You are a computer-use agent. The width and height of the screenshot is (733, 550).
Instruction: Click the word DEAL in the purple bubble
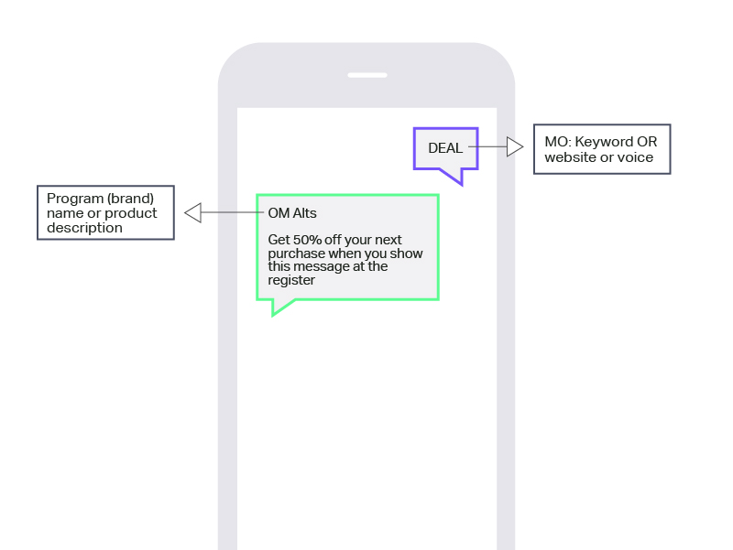pos(445,148)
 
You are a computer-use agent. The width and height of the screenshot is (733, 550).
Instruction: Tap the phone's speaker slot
pos(367,75)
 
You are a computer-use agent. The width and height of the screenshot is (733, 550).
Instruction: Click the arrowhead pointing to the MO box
pos(515,146)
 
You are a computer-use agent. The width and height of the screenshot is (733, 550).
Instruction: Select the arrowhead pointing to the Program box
pos(192,212)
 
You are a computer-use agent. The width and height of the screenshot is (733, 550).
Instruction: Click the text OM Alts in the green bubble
pos(292,213)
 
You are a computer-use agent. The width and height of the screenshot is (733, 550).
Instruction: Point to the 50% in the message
pos(307,240)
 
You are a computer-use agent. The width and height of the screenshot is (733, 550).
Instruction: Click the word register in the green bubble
pos(291,280)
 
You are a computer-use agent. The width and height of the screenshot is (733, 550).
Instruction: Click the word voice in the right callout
pos(635,157)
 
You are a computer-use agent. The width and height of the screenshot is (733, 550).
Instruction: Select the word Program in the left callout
pos(75,199)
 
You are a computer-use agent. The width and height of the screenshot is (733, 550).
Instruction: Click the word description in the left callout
pos(84,228)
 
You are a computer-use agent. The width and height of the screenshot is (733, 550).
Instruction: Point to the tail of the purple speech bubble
pos(453,176)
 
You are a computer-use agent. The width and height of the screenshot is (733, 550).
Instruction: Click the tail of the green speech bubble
pos(281,307)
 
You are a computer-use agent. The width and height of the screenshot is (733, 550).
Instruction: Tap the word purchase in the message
pos(296,253)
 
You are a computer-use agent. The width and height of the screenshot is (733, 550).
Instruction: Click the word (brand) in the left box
pos(130,199)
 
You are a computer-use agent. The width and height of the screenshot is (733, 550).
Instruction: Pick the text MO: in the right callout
pos(558,142)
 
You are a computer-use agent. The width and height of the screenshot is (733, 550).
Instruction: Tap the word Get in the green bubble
pos(279,240)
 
